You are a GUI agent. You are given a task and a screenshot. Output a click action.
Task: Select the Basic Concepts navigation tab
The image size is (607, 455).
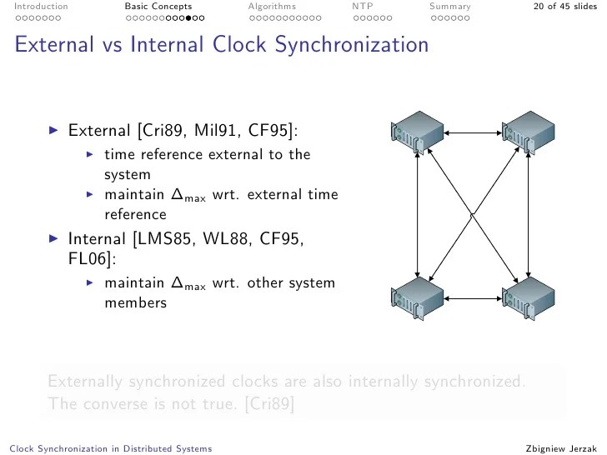158,7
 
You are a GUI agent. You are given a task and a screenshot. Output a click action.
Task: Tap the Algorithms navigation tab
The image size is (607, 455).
272,7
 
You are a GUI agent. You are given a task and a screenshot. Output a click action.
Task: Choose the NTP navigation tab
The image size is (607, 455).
362,7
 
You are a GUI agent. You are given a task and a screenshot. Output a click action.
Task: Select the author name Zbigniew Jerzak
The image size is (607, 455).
562,448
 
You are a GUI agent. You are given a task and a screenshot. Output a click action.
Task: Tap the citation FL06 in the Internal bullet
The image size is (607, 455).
84,259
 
